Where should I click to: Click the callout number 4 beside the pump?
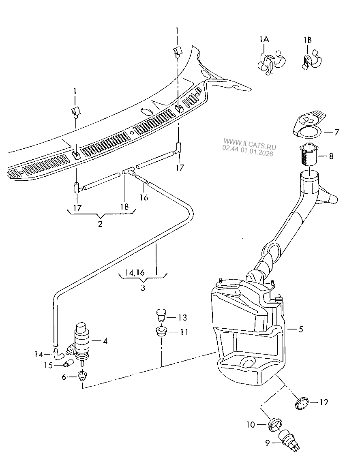[x=105, y=341]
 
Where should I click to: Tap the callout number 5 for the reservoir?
[x=300, y=330]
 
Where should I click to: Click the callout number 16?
[x=144, y=198]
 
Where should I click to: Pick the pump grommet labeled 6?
[x=83, y=376]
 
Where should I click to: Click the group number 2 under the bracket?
[x=100, y=224]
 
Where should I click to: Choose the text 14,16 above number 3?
[x=135, y=272]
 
